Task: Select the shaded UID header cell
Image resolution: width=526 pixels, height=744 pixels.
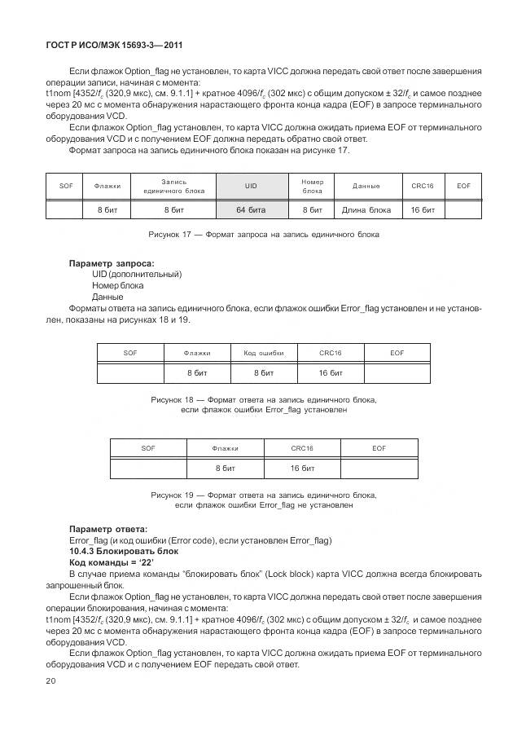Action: point(251,186)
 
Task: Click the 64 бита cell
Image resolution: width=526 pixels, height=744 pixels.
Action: point(251,209)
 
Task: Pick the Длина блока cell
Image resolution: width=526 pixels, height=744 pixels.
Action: point(366,209)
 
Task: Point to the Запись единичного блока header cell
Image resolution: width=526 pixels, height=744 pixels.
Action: point(173,186)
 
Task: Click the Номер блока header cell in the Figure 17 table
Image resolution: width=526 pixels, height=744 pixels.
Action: point(312,186)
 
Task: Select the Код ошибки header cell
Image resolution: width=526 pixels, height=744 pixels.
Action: point(263,353)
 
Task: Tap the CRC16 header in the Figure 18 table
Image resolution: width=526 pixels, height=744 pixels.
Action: point(330,353)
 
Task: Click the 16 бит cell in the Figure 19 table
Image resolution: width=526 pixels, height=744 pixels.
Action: point(302,469)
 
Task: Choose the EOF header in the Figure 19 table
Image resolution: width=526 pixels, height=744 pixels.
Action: point(379,448)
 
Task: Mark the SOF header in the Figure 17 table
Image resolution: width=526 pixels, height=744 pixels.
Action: point(66,186)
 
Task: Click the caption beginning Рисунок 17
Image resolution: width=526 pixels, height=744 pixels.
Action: point(263,235)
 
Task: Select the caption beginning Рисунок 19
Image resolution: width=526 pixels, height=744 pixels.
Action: point(263,500)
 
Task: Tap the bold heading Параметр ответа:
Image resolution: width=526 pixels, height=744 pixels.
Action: point(108,529)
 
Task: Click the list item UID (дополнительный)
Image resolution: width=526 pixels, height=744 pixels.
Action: point(137,275)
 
